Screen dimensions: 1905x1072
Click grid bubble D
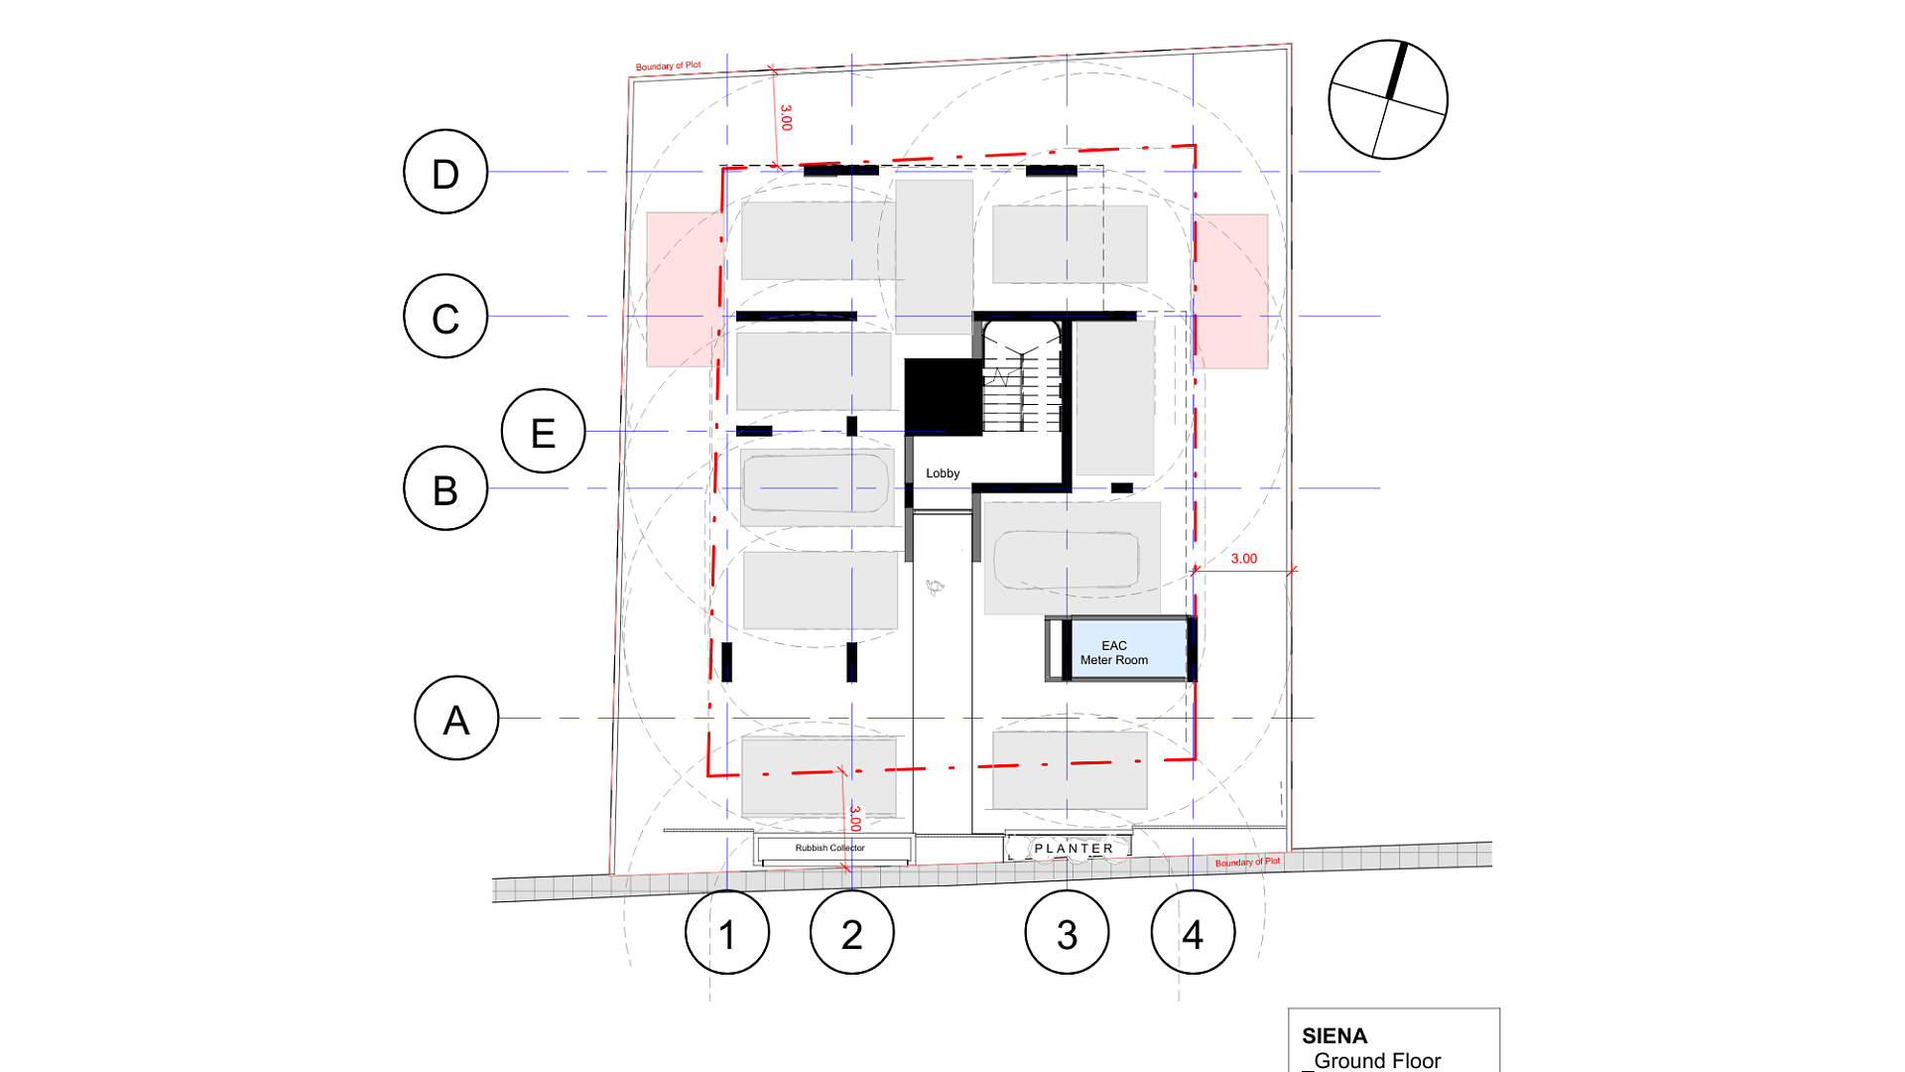(x=445, y=172)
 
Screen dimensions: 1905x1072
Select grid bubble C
(x=445, y=317)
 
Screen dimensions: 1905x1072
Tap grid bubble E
(x=544, y=431)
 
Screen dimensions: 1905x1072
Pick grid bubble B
(x=445, y=488)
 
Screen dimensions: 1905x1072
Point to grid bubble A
(x=456, y=719)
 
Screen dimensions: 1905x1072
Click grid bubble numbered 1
(x=727, y=933)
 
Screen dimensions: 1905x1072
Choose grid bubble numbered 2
(x=852, y=933)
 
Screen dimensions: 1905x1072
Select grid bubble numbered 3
(x=1068, y=933)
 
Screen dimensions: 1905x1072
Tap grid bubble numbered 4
(x=1194, y=933)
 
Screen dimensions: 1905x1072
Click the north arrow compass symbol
(x=1388, y=99)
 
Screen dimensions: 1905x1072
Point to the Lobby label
(x=943, y=473)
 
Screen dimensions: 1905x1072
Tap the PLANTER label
(x=1075, y=849)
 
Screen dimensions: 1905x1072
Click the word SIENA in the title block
(x=1334, y=1036)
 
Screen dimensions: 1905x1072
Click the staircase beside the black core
(x=1022, y=377)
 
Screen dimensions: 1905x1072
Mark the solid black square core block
(x=943, y=397)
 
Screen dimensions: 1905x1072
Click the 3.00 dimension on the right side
(x=1244, y=559)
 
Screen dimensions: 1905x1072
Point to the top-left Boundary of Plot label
(x=668, y=67)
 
